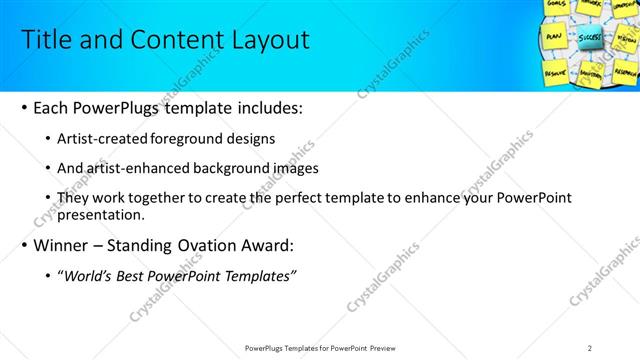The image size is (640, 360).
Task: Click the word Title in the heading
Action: (44, 40)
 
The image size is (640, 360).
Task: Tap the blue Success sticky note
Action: (589, 39)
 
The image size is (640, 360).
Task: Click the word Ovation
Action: (210, 245)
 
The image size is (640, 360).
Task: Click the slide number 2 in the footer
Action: (590, 347)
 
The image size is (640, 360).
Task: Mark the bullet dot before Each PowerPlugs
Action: (22, 108)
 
